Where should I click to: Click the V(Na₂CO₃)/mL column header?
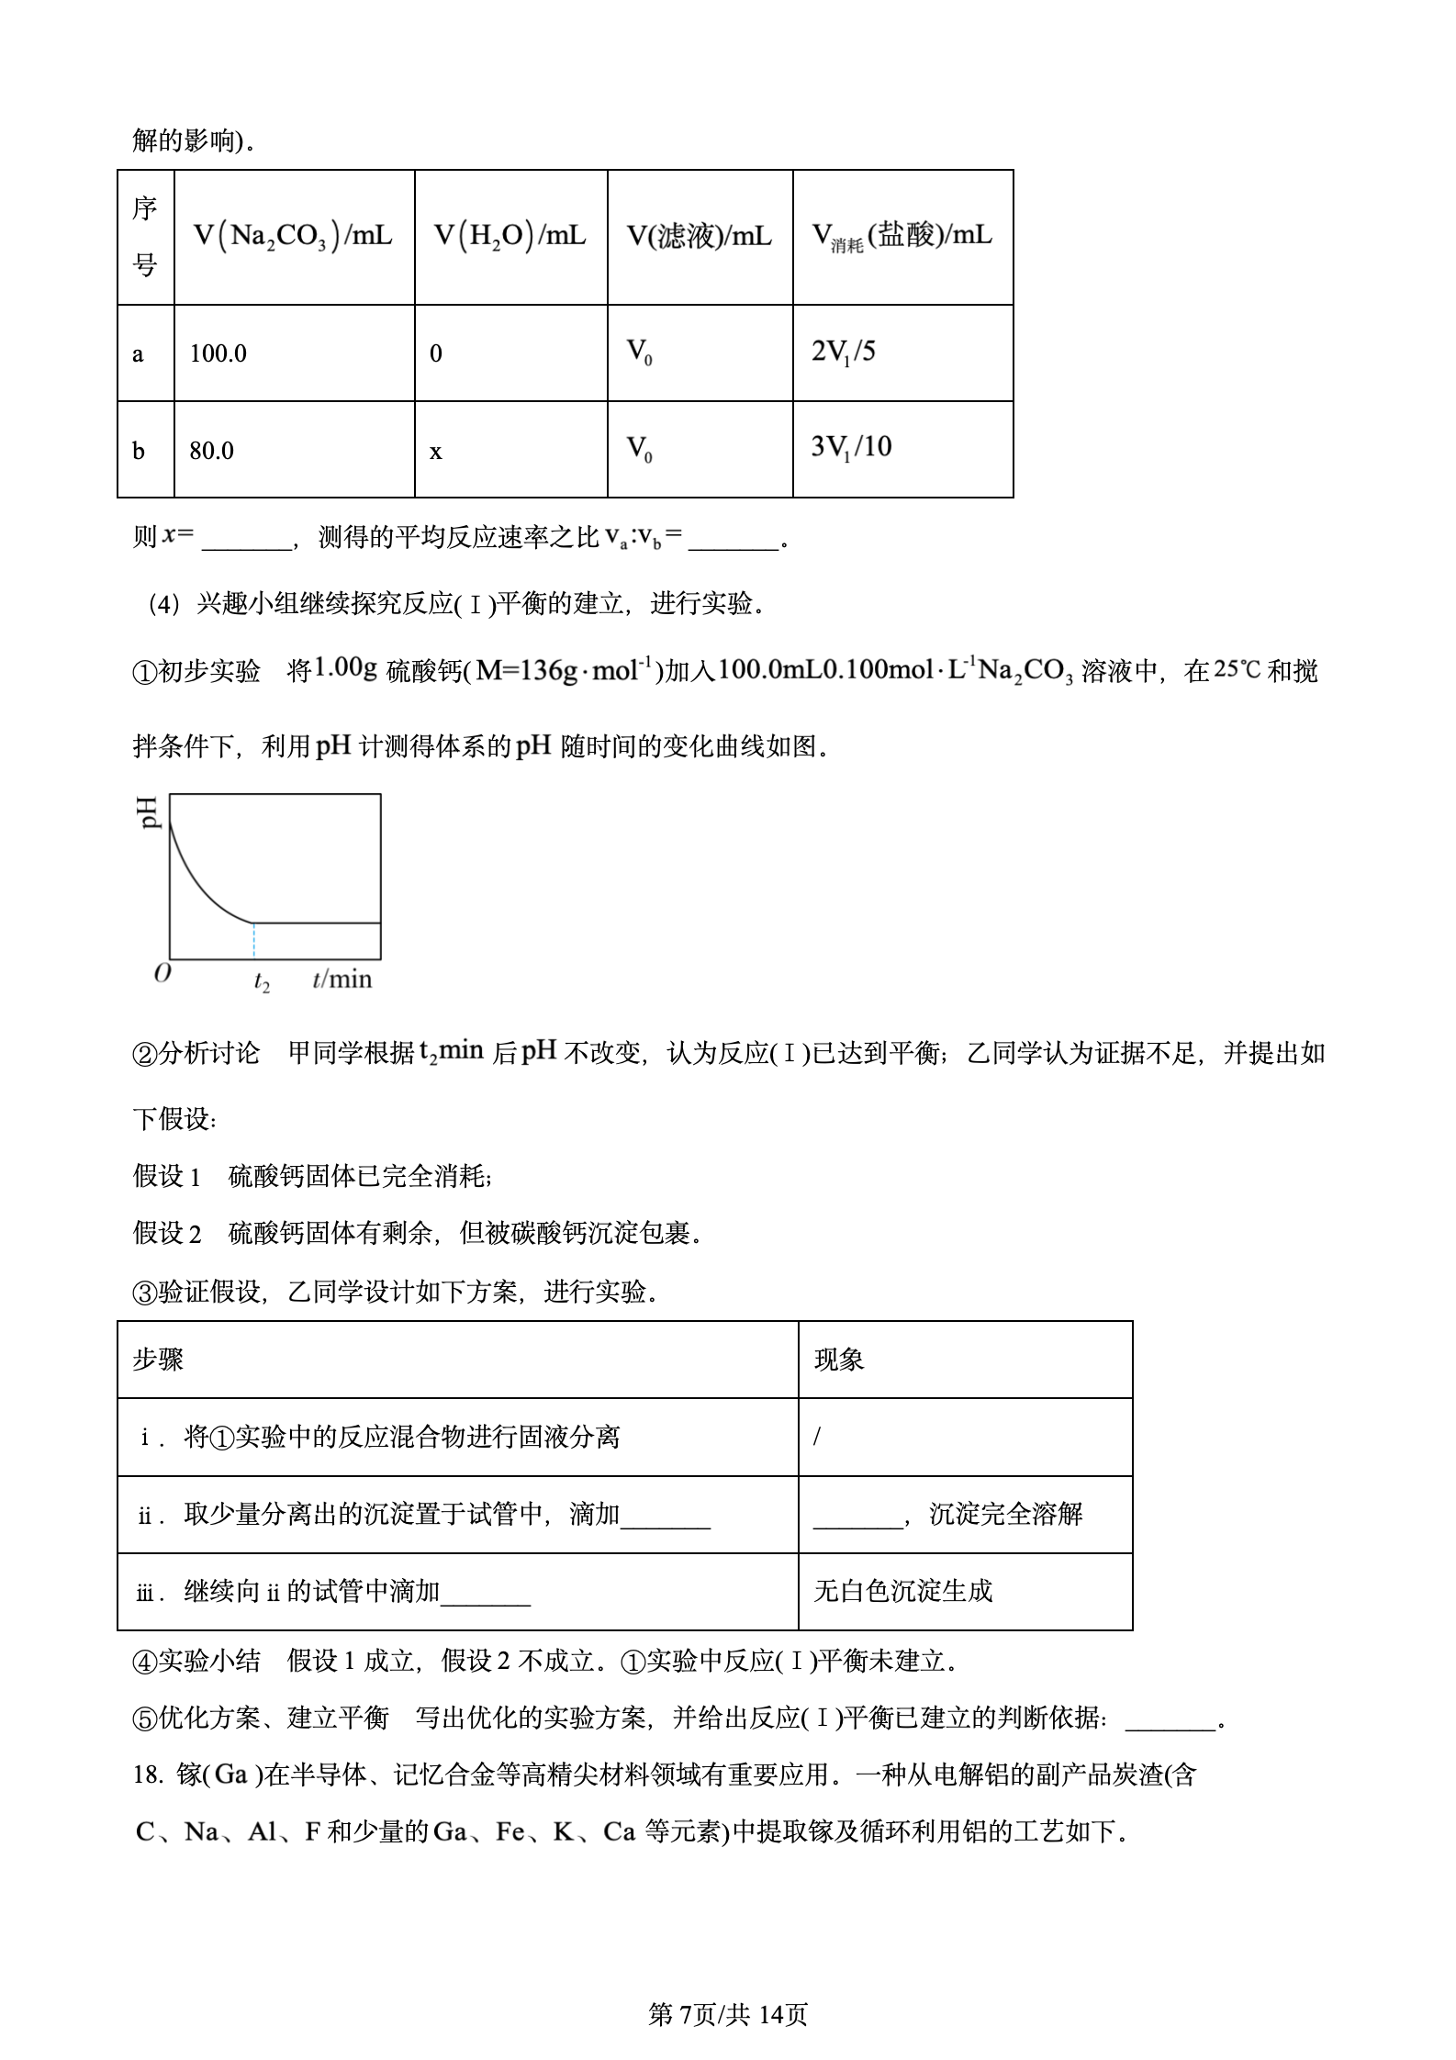pos(293,236)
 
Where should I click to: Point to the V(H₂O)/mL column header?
pos(510,236)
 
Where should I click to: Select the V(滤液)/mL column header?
pos(699,237)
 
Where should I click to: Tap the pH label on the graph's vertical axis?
pos(150,812)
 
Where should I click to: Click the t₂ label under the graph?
pos(262,983)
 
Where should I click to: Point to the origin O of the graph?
pos(162,974)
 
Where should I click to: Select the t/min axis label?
pos(342,980)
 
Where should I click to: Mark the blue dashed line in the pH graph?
pos(254,941)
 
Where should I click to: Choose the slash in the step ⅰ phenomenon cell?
pos(817,1437)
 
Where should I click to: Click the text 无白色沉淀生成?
pos(903,1591)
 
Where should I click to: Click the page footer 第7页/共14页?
pos(728,2015)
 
